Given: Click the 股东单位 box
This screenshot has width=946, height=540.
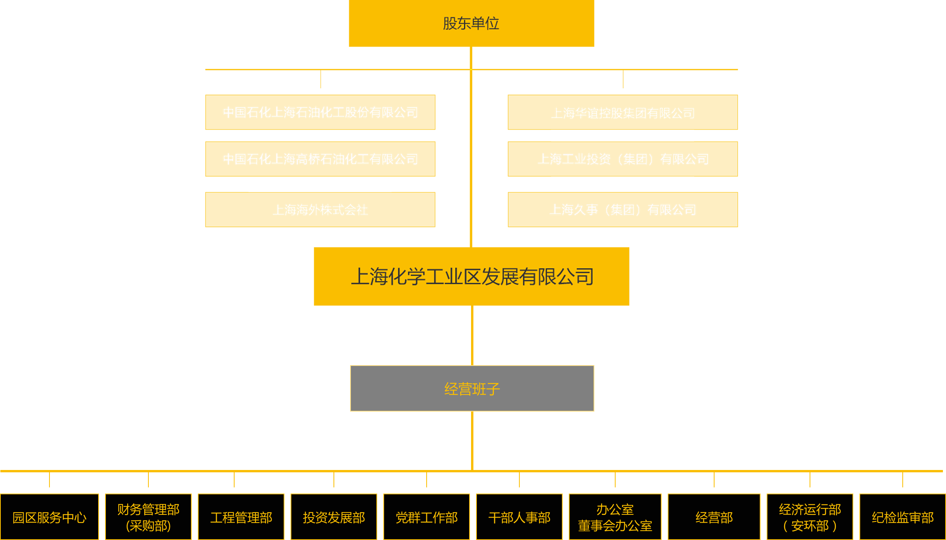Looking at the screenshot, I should [x=471, y=23].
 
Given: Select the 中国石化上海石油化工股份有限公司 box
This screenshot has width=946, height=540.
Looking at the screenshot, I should [x=320, y=112].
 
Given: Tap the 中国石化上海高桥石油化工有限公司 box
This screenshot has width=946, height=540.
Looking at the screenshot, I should [x=320, y=159].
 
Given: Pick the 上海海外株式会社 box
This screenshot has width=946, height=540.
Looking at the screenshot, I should [x=320, y=210].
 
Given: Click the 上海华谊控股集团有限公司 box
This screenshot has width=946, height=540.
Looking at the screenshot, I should [x=623, y=113].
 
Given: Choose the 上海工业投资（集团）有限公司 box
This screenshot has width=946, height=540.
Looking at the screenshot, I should [x=623, y=159].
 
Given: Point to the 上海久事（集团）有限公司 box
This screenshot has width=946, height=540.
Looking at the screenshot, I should [x=623, y=210].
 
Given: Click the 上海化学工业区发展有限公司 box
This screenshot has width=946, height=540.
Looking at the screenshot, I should [x=471, y=276].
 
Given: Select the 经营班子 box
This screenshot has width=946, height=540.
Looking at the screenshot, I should [x=472, y=388].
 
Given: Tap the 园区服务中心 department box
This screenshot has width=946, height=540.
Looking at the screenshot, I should [x=49, y=517].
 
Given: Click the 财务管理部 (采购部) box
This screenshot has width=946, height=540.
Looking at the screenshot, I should [x=148, y=517].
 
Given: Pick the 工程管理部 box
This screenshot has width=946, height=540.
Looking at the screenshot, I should [x=241, y=517].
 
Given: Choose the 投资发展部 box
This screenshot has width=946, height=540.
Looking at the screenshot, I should [x=334, y=517].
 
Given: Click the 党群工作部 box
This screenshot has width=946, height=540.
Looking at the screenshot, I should [x=427, y=517].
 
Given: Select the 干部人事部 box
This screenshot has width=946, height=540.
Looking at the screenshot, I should [x=519, y=517].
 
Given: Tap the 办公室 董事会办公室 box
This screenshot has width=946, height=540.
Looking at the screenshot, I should [x=615, y=517].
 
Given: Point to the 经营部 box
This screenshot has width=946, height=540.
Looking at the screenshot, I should [x=714, y=517].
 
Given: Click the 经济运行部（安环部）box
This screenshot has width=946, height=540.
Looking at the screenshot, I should [x=810, y=517].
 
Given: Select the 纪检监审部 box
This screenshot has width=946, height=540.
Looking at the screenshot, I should [x=903, y=517].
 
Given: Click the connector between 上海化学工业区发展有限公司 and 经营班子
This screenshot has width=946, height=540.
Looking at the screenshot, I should [x=472, y=335].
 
